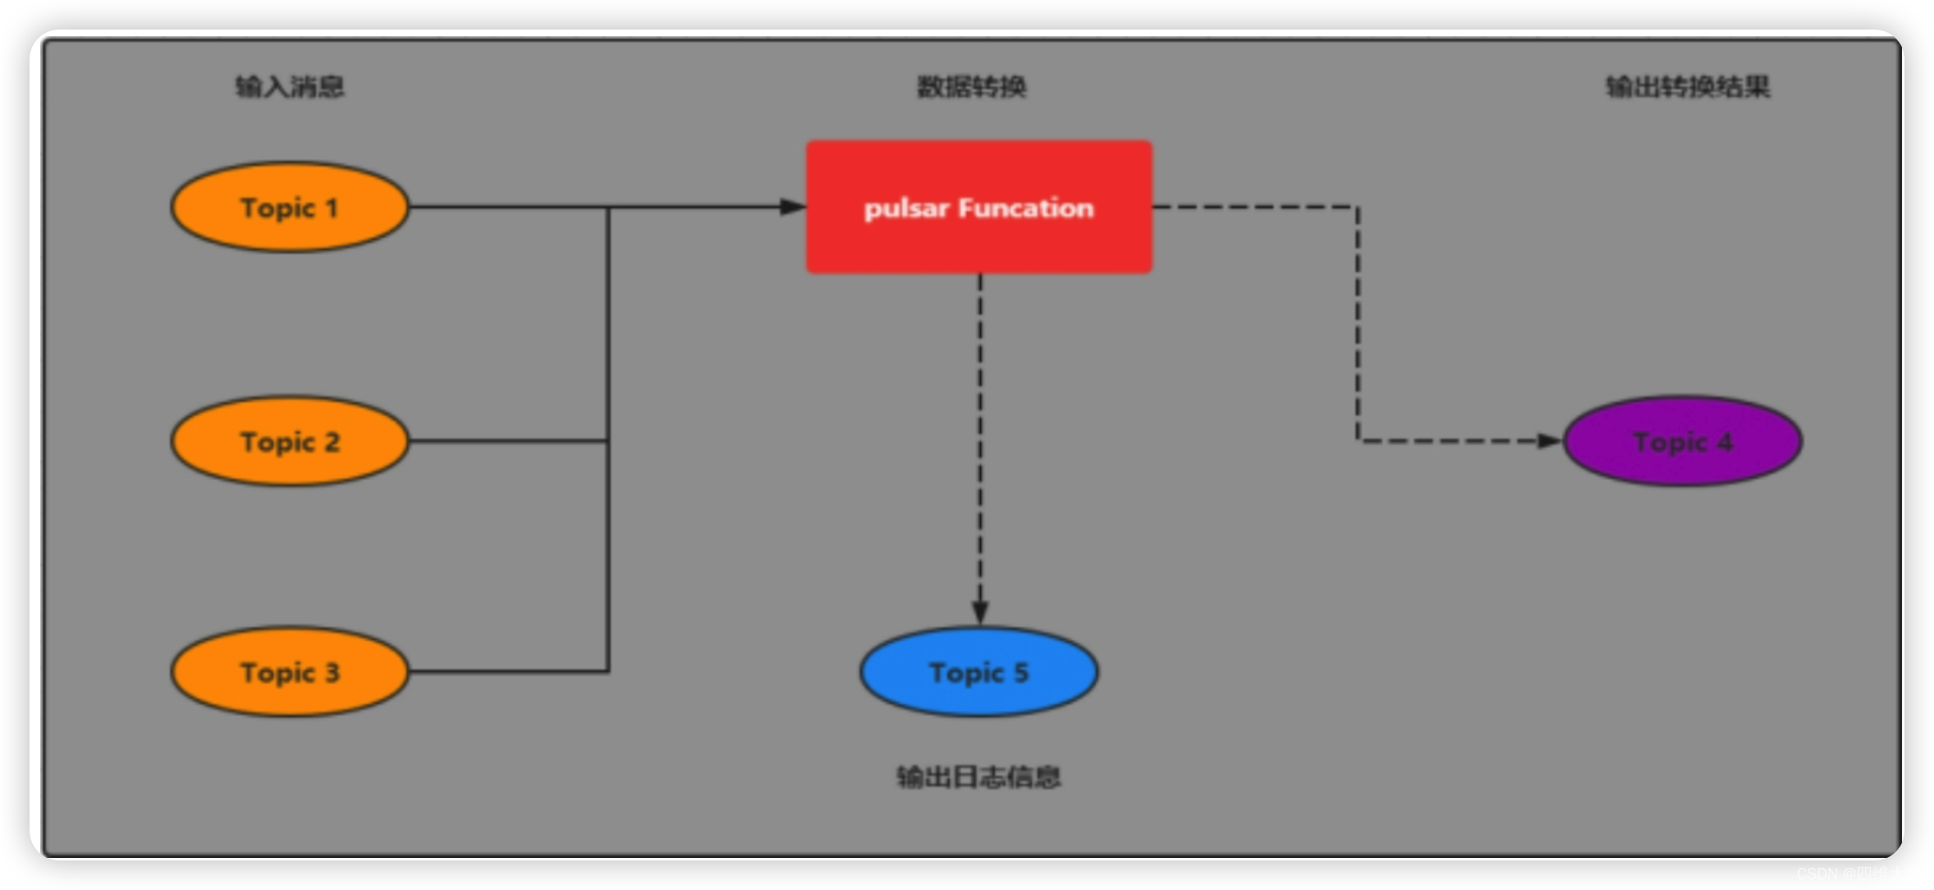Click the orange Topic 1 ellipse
[289, 207]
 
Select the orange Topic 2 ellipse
[289, 442]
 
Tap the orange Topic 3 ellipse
[289, 672]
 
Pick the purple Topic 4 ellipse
[1683, 442]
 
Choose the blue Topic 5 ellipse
[978, 672]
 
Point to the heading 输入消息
[289, 86]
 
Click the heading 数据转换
[971, 86]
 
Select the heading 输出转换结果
[1688, 86]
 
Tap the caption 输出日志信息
[978, 777]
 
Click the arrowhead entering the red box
[792, 207]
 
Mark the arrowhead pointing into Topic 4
[1550, 442]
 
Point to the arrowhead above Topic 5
[979, 612]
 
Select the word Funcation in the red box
[1025, 209]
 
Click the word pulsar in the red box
[906, 209]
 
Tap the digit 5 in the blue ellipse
[1020, 672]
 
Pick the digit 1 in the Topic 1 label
[332, 208]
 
